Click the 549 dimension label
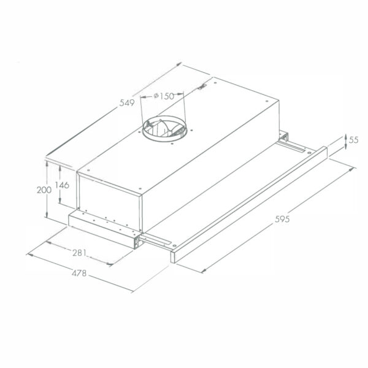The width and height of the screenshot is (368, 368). point(127,103)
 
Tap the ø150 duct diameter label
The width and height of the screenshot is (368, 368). point(164,96)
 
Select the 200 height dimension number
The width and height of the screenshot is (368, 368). point(44,190)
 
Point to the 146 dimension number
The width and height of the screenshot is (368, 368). point(62,185)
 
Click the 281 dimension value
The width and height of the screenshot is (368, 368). point(80,253)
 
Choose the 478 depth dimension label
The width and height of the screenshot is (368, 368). point(79,273)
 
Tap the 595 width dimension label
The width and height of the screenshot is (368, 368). point(282,219)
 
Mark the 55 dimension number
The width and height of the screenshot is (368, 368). point(354,140)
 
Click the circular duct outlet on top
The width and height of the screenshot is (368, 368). point(165,129)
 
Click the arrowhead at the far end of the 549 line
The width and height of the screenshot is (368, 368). point(179,64)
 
